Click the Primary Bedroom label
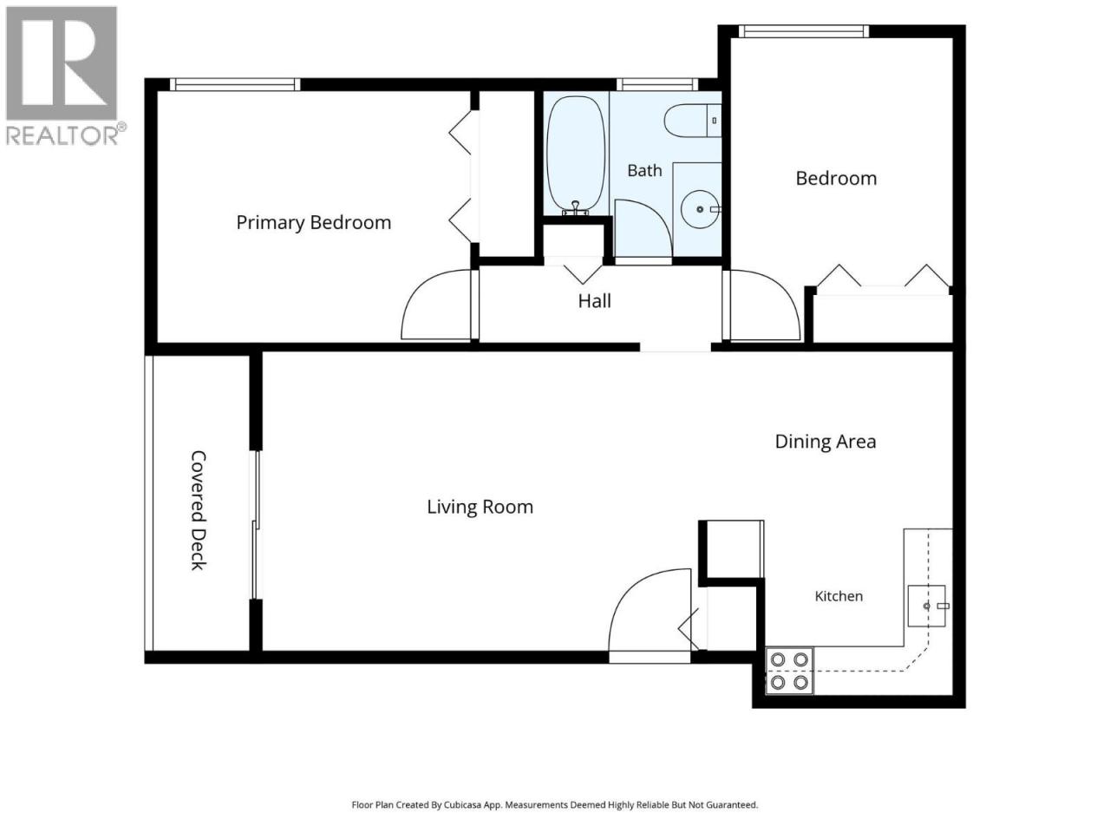(314, 222)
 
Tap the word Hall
(594, 301)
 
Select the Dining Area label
(826, 442)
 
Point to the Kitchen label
(839, 596)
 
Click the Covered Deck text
(199, 510)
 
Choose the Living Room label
(480, 507)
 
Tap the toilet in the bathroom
(692, 121)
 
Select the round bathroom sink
(701, 209)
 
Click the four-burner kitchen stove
(789, 671)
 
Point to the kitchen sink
(927, 606)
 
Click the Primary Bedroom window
(235, 84)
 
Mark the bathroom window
(657, 84)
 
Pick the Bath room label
(644, 170)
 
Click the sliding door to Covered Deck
(257, 525)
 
